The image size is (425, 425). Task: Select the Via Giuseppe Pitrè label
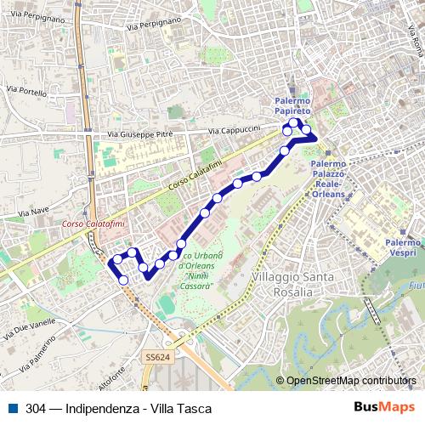140,134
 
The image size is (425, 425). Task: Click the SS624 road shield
157,359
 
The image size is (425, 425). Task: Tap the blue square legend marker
8,408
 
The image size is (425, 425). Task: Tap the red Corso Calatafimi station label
94,224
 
